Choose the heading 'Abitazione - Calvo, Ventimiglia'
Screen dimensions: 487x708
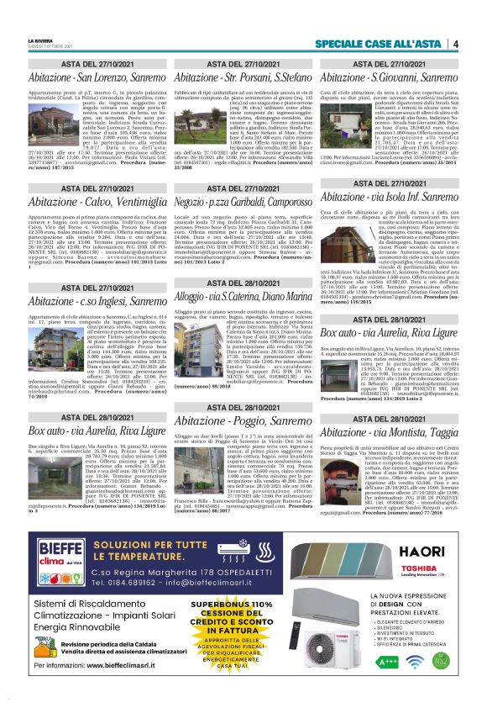click(87, 203)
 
